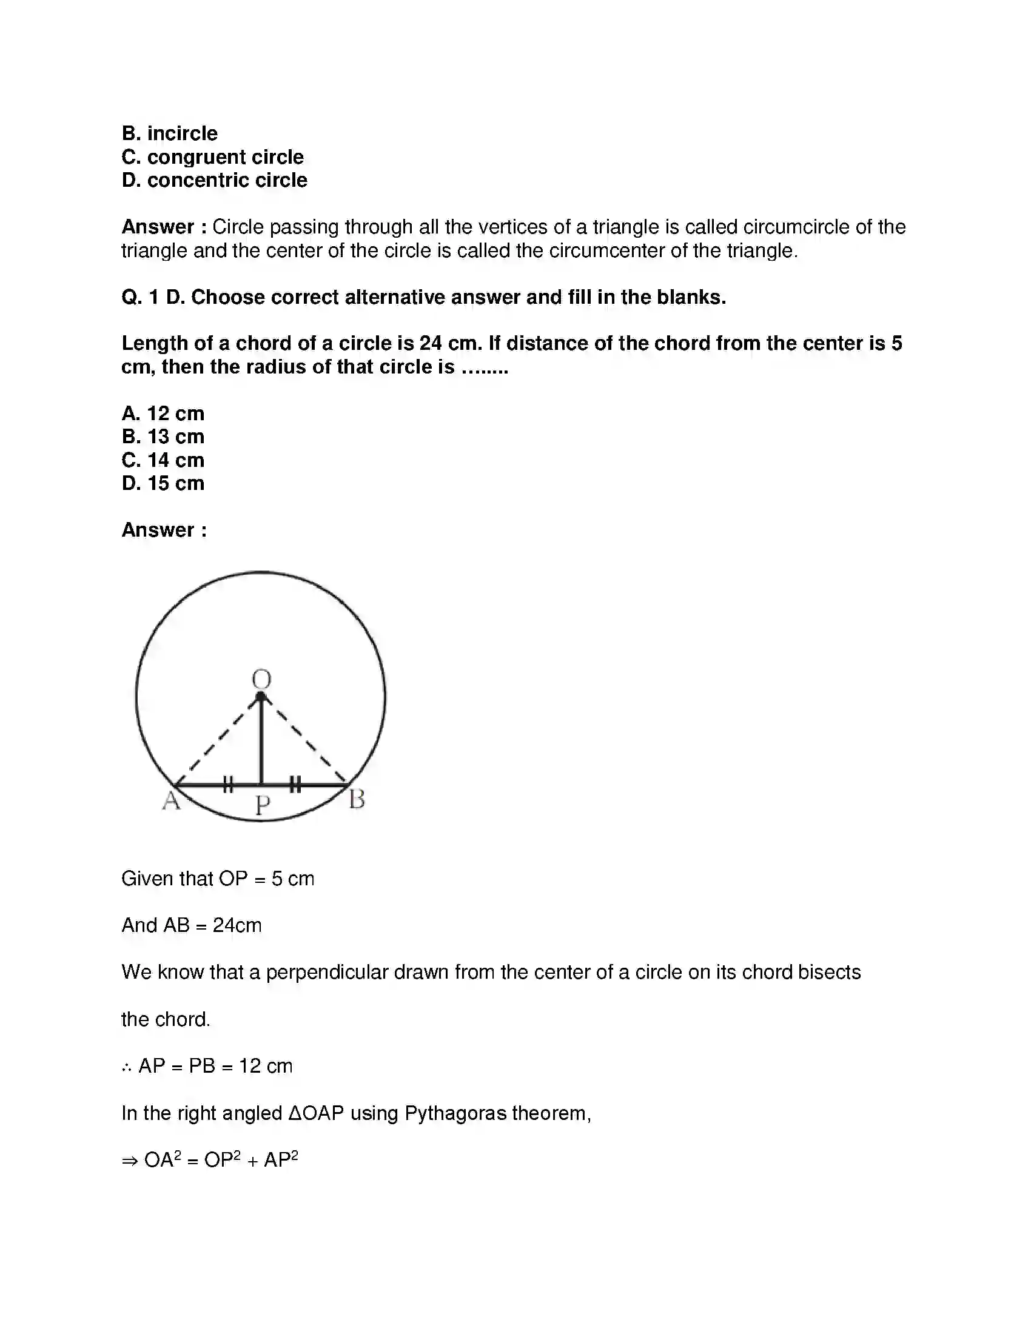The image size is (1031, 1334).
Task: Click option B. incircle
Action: (169, 133)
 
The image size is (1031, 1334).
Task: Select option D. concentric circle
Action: (214, 180)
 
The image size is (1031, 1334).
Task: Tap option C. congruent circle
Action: (212, 157)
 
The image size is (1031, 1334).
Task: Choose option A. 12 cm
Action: (163, 414)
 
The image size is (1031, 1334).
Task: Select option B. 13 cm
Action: (163, 437)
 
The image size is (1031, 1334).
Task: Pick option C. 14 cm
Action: (163, 460)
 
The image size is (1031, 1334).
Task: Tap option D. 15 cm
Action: (163, 483)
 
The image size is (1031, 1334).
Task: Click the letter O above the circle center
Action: (261, 679)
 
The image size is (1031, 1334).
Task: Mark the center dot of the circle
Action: (261, 697)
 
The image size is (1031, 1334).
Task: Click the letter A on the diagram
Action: (171, 800)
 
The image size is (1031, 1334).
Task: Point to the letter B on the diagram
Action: (357, 799)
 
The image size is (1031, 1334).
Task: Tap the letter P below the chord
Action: (262, 806)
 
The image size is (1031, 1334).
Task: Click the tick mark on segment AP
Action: (228, 784)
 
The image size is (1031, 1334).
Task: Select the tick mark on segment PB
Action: (295, 784)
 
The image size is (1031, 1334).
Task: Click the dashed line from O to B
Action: (306, 741)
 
